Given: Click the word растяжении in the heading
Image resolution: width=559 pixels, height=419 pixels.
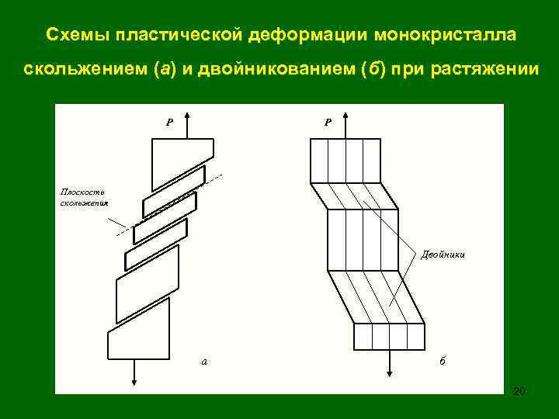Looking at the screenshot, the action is tap(490, 69).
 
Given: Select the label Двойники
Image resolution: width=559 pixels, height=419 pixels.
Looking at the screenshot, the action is tap(444, 254).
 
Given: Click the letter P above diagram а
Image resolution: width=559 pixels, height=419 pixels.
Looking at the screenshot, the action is tap(169, 122).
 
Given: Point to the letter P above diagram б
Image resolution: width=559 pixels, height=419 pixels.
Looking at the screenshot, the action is tap(328, 122).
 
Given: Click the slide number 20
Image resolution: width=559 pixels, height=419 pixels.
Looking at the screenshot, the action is tap(519, 390).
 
